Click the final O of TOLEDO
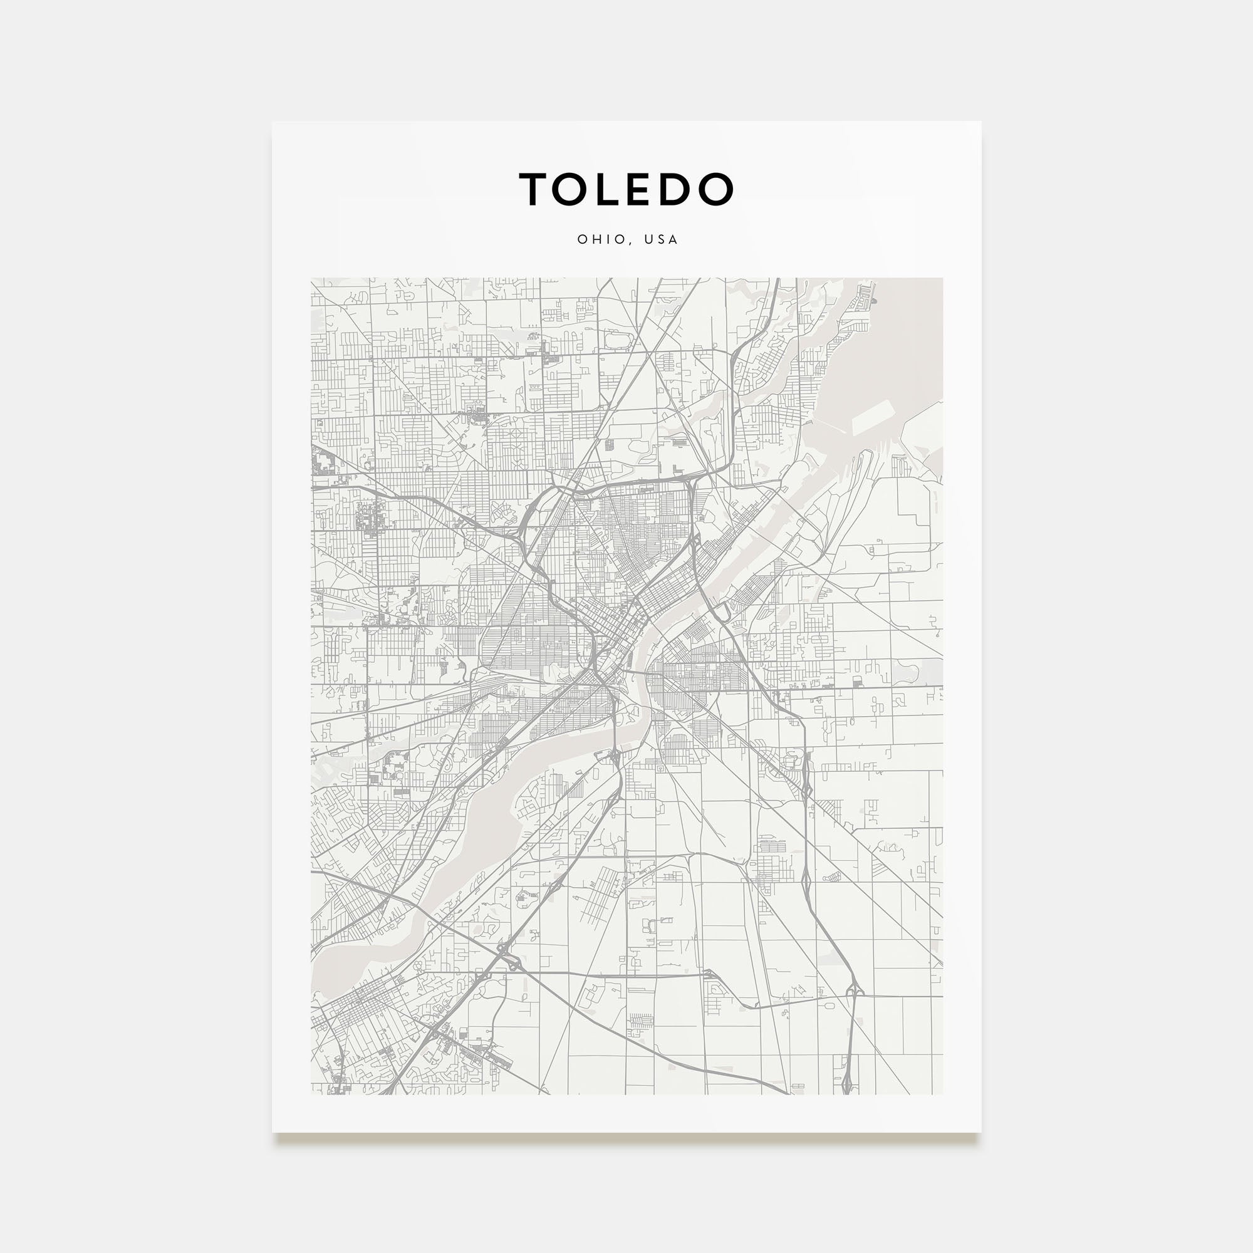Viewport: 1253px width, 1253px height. point(717,189)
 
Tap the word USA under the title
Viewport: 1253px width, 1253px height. point(661,239)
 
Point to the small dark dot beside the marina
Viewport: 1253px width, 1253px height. point(873,301)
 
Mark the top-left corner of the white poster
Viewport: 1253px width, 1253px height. point(273,122)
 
